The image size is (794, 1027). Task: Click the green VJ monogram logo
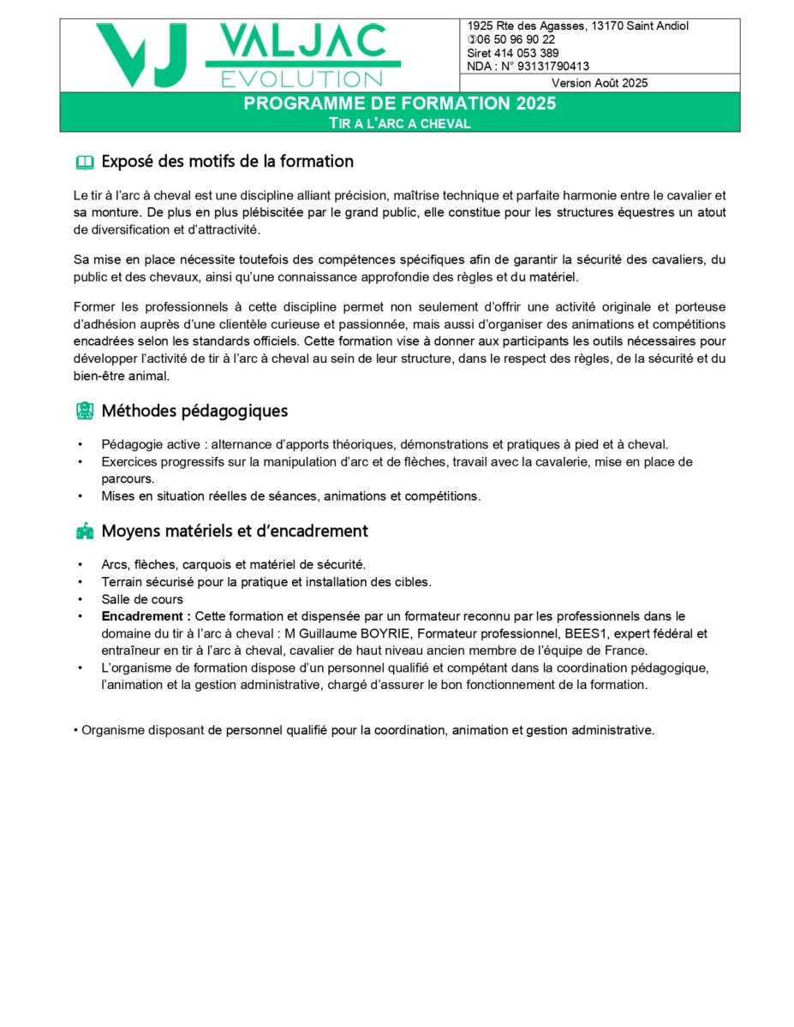tap(142, 55)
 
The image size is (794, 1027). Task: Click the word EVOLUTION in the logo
tap(301, 80)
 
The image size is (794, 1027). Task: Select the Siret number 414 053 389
tap(528, 53)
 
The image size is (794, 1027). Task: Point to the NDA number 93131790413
tap(552, 66)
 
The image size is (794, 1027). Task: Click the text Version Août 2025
tap(600, 83)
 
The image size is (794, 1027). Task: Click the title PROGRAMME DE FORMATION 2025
tap(399, 104)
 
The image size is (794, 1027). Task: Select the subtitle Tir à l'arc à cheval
tap(400, 123)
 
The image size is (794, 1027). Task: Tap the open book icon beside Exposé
tap(84, 162)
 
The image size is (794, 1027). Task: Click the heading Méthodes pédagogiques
tap(194, 411)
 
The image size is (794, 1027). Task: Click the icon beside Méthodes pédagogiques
tap(84, 412)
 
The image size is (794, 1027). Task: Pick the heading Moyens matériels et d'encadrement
tap(235, 531)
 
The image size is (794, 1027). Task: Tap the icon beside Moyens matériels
tap(84, 531)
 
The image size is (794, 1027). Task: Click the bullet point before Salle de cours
tap(80, 599)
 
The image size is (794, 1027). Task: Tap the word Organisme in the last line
tap(112, 731)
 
